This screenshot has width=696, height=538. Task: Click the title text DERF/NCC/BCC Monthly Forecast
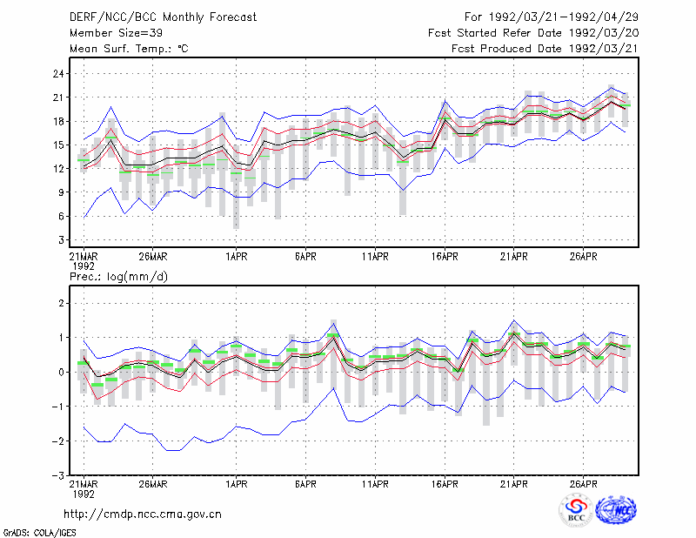pyautogui.click(x=163, y=17)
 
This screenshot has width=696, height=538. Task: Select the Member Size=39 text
pyautogui.click(x=116, y=33)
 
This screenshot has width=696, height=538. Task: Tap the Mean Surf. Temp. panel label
pyautogui.click(x=129, y=49)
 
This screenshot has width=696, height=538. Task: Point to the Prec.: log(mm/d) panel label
pyautogui.click(x=118, y=277)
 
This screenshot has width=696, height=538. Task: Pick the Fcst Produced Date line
pyautogui.click(x=545, y=49)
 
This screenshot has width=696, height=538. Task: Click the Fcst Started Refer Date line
pyautogui.click(x=533, y=33)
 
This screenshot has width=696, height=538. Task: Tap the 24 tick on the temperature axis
pyautogui.click(x=58, y=74)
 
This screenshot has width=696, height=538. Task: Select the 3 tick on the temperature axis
pyautogui.click(x=61, y=240)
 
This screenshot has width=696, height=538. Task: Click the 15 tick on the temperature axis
pyautogui.click(x=58, y=145)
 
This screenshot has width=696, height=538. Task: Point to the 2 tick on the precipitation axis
pyautogui.click(x=61, y=304)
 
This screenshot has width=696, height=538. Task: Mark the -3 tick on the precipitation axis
pyautogui.click(x=57, y=475)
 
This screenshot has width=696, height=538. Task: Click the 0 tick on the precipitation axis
pyautogui.click(x=61, y=373)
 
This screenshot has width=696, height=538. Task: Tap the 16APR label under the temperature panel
pyautogui.click(x=445, y=257)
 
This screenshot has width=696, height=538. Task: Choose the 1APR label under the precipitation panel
pyautogui.click(x=236, y=484)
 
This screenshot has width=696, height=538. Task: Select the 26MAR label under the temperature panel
pyautogui.click(x=153, y=257)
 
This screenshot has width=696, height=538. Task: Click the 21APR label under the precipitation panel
pyautogui.click(x=513, y=484)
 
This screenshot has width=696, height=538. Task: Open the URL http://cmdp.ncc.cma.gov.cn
pyautogui.click(x=143, y=514)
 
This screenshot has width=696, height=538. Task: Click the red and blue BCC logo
pyautogui.click(x=576, y=510)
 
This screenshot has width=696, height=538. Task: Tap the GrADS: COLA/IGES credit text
pyautogui.click(x=39, y=533)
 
